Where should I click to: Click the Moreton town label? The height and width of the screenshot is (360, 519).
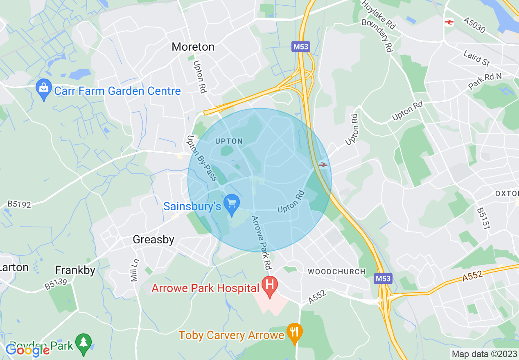[x=193, y=47]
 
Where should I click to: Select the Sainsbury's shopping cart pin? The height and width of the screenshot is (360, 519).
[x=232, y=205]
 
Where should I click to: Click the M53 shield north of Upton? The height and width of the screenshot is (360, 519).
[x=301, y=47]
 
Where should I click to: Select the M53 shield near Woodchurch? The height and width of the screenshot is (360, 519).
[x=383, y=279]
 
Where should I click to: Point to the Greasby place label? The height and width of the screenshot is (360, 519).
[x=153, y=240]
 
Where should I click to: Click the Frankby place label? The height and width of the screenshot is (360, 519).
[x=75, y=270]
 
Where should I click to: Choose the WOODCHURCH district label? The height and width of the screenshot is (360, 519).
[x=336, y=272]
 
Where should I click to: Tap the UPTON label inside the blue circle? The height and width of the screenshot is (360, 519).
[x=229, y=141]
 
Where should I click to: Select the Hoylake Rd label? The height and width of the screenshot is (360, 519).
[x=378, y=14]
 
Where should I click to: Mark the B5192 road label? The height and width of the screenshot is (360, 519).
[x=19, y=204]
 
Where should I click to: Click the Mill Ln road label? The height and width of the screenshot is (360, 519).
[x=134, y=270]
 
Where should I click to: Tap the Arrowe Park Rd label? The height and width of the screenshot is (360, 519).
[x=262, y=242]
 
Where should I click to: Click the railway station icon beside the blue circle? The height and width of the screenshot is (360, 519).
[x=323, y=164]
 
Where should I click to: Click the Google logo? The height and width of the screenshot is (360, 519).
[x=27, y=350]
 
